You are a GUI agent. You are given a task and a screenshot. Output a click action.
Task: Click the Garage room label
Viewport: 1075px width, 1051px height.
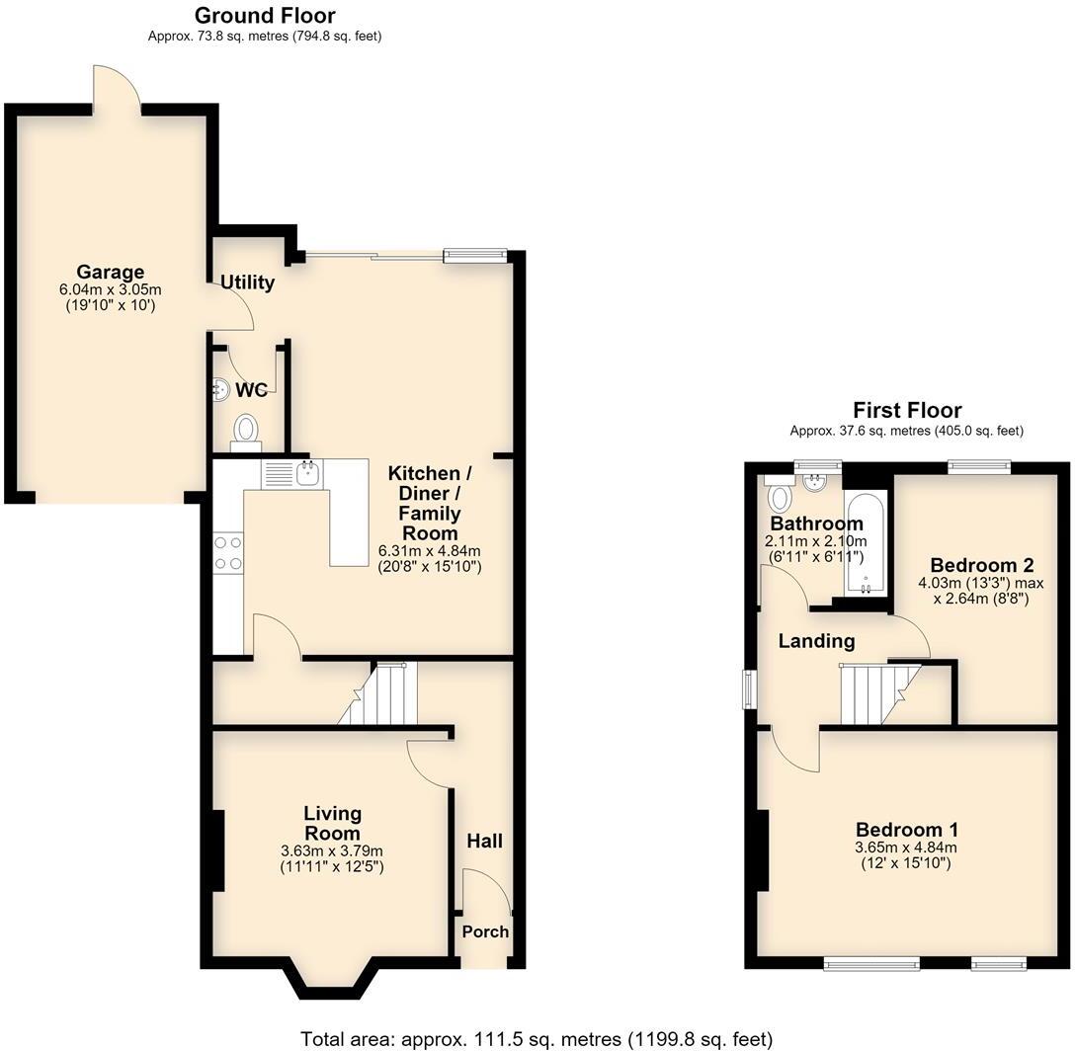point(111,273)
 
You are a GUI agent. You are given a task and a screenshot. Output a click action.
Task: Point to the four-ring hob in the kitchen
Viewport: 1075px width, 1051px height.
point(228,553)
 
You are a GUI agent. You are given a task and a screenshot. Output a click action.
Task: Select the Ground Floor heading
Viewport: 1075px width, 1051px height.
point(265,15)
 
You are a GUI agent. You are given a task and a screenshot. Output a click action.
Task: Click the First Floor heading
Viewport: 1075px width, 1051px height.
point(907,410)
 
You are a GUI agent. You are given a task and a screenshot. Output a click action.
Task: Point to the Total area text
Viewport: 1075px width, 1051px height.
point(537,1039)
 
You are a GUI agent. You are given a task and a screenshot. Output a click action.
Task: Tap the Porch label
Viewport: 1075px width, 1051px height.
point(485,931)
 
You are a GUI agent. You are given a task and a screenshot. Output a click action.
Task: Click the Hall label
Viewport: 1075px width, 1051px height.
point(485,842)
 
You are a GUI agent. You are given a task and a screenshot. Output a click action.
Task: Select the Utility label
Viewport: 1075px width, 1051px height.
point(247,283)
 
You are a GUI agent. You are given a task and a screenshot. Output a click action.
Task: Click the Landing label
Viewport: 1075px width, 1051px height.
point(816,641)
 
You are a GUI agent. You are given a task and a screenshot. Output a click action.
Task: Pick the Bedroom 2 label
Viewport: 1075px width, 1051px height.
point(982,566)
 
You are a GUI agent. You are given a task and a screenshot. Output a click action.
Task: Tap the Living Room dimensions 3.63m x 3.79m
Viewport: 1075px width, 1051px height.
point(332,850)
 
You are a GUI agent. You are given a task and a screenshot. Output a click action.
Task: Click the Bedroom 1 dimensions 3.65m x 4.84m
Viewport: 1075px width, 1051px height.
point(906,847)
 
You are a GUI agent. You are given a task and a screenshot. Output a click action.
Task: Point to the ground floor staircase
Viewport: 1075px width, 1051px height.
point(377,693)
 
